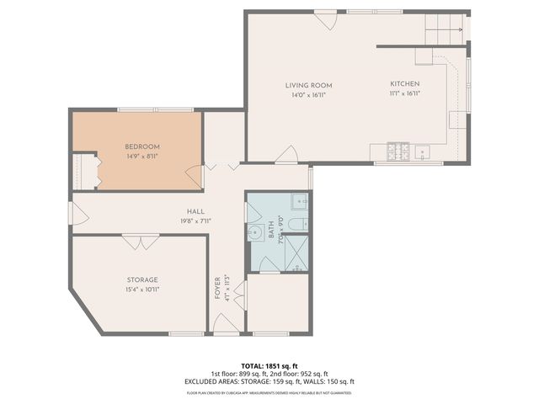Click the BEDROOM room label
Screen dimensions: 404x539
click(142, 146)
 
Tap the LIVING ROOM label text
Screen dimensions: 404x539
click(308, 85)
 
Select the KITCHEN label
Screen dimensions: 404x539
click(404, 84)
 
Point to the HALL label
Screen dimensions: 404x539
click(195, 211)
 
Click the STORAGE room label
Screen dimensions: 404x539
click(142, 279)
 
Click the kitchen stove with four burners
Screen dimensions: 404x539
click(397, 151)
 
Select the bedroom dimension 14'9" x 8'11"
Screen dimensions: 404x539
click(142, 156)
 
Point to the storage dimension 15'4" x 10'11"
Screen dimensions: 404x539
click(142, 289)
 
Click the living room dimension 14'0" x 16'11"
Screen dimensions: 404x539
click(308, 94)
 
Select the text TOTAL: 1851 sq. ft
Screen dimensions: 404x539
click(269, 367)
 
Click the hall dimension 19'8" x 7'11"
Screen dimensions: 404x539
click(195, 221)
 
